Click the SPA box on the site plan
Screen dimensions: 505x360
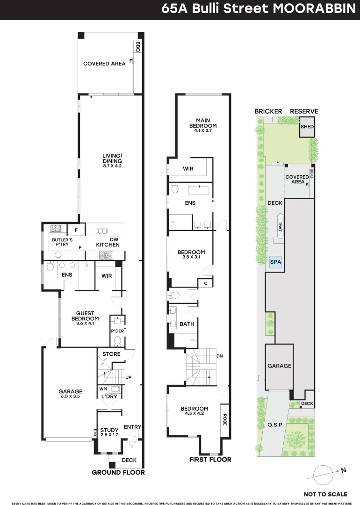pos(275,262)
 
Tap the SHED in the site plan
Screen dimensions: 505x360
pos(307,127)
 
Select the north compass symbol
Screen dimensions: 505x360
pos(323,473)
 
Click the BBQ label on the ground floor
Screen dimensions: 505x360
pos(138,47)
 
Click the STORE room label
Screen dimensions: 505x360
pos(111,354)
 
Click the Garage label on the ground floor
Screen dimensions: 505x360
pos(70,392)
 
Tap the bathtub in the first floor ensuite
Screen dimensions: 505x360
pos(199,190)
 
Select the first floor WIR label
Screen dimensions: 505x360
pos(188,168)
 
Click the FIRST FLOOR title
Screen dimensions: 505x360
pos(210,460)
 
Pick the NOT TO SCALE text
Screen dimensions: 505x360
pos(325,494)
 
